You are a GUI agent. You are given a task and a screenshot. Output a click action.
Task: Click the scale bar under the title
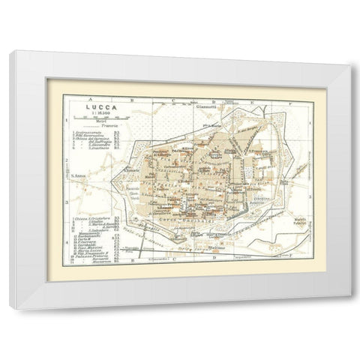point(91,121)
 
